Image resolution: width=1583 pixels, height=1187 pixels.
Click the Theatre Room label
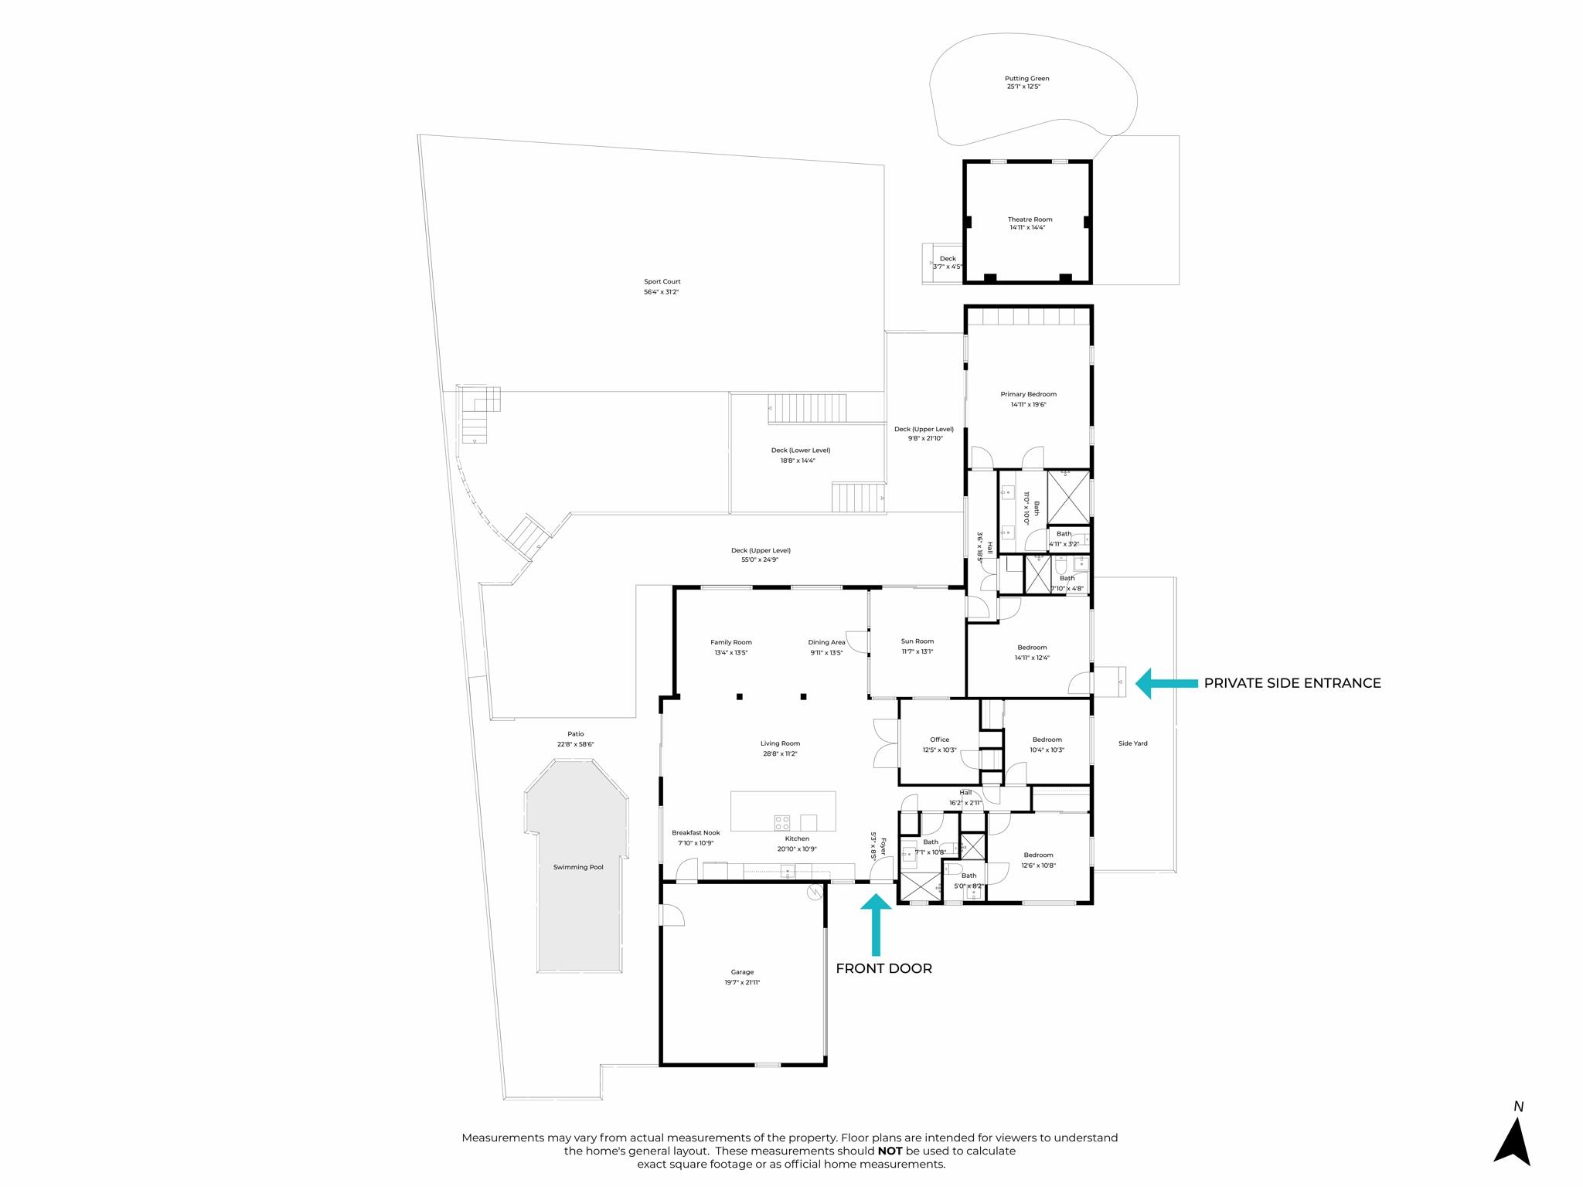1030,219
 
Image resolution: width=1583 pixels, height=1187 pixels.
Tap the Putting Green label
1026,78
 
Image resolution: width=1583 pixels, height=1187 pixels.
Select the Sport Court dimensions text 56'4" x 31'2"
661,292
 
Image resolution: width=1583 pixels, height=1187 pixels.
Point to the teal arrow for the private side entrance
1166,683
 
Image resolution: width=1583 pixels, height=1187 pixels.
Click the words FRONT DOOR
883,969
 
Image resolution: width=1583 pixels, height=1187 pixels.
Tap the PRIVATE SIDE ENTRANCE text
1292,683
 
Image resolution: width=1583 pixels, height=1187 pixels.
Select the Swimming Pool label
578,867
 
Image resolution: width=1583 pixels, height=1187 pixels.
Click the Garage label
742,972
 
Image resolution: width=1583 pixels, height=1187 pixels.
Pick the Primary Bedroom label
1028,394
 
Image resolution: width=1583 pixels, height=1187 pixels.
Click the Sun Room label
917,641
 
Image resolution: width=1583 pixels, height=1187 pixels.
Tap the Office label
939,740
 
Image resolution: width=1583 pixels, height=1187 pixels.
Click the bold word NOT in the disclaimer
890,1151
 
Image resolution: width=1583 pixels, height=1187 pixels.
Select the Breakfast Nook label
696,833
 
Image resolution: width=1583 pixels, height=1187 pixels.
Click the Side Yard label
1132,743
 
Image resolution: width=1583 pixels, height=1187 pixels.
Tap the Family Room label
730,642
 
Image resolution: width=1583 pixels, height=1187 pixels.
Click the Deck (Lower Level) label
801,451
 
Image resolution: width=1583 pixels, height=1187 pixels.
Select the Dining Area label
826,642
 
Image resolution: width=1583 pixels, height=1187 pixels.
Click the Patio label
575,734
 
